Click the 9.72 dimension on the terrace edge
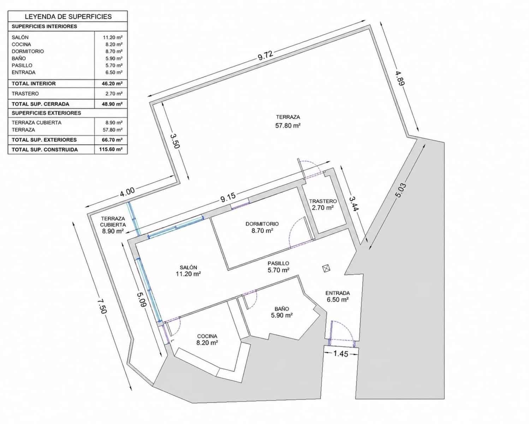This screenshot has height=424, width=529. [x=265, y=55]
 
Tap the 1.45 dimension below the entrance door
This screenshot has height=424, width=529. [x=341, y=354]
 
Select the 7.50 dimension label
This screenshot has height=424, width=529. [x=102, y=306]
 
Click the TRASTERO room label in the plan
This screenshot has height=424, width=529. [x=323, y=201]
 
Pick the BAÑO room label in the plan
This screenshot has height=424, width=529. [x=282, y=309]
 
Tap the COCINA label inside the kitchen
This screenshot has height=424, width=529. [x=207, y=336]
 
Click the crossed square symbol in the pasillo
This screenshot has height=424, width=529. [x=326, y=268]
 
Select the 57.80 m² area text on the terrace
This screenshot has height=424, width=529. [x=288, y=126]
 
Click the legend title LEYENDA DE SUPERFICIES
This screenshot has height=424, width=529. [x=68, y=17]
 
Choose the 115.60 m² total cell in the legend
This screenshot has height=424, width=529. [x=111, y=149]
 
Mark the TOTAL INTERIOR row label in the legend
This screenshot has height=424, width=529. [x=34, y=84]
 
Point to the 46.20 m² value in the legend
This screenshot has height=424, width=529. [x=112, y=84]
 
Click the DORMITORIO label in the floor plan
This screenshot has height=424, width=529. [x=262, y=224]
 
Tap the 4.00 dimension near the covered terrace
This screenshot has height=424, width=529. [x=127, y=192]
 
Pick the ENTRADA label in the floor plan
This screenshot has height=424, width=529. [x=338, y=293]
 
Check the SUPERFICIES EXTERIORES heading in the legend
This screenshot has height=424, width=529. [x=46, y=113]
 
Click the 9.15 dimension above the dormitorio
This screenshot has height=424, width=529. [x=228, y=197]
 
